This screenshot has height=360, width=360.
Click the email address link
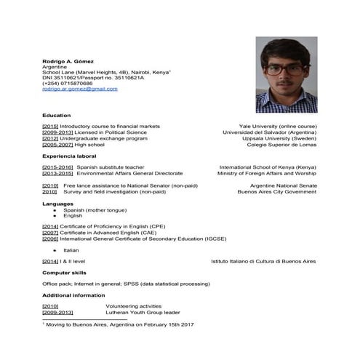[x=79, y=89]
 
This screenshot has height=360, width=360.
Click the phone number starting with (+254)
[x=67, y=83]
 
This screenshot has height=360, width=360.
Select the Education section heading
[x=56, y=116]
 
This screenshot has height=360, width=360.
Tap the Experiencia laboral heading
[x=69, y=156]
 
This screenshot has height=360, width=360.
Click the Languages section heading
[x=58, y=204]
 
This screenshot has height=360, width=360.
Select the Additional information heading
[x=74, y=295]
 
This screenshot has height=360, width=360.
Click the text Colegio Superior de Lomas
[x=281, y=145]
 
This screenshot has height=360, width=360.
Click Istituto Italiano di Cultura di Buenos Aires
[x=263, y=260]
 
